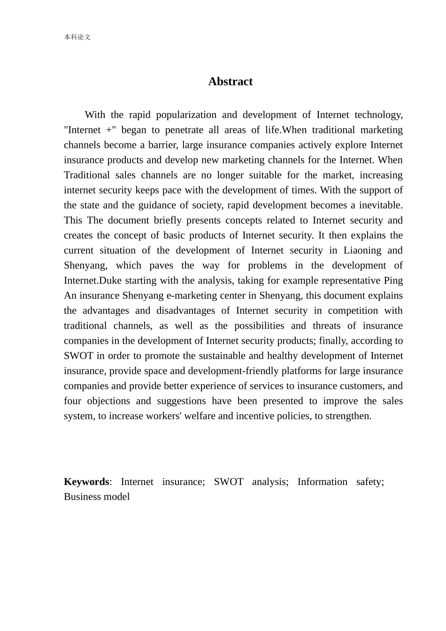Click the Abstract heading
point(230,82)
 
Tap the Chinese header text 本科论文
point(77,37)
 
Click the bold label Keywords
point(86,482)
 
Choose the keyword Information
point(323,482)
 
